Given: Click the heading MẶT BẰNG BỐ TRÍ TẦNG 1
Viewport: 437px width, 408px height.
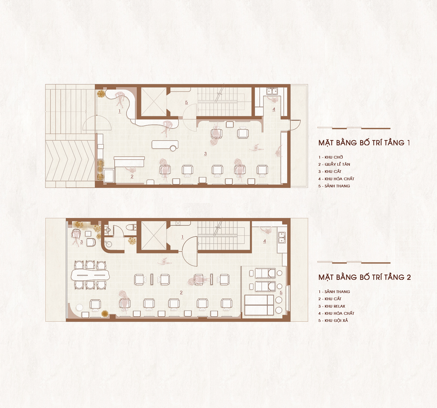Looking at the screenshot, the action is pos(364,143).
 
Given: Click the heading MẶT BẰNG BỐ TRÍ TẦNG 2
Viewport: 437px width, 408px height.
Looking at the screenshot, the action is pos(365,277).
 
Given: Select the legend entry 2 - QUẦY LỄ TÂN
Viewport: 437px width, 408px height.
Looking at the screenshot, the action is pos(334,164).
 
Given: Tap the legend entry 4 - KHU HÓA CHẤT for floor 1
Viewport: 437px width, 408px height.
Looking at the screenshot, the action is pos(336,179).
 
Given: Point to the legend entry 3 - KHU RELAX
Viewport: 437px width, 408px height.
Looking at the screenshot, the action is pos(332,306).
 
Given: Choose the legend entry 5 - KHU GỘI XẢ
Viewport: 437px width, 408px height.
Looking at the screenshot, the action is pos(333,321).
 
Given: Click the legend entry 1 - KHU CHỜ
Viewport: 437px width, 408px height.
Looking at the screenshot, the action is pos(331,157).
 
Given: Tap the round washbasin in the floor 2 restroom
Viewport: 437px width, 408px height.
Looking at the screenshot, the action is pos(108,244).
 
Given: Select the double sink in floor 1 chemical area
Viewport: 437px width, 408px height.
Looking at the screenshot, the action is pos(272,91).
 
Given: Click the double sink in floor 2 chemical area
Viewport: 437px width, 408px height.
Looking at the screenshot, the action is pos(282,237).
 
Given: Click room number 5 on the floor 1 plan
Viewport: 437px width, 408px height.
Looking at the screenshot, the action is pos(187,103).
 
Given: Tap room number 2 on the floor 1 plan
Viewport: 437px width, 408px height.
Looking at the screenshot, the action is pos(132,176).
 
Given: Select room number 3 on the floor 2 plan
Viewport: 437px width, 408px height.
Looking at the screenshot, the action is pos(82,242).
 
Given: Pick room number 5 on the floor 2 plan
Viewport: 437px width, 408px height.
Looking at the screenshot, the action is pos(281,293).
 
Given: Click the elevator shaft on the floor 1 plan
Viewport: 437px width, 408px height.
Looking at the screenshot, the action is pos(154,101).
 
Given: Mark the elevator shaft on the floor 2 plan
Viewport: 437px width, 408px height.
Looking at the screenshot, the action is pos(154,235).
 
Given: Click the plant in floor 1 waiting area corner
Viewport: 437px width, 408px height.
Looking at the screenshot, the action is pos(101,94).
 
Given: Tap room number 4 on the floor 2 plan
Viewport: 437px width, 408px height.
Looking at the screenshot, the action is pos(264,241).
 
